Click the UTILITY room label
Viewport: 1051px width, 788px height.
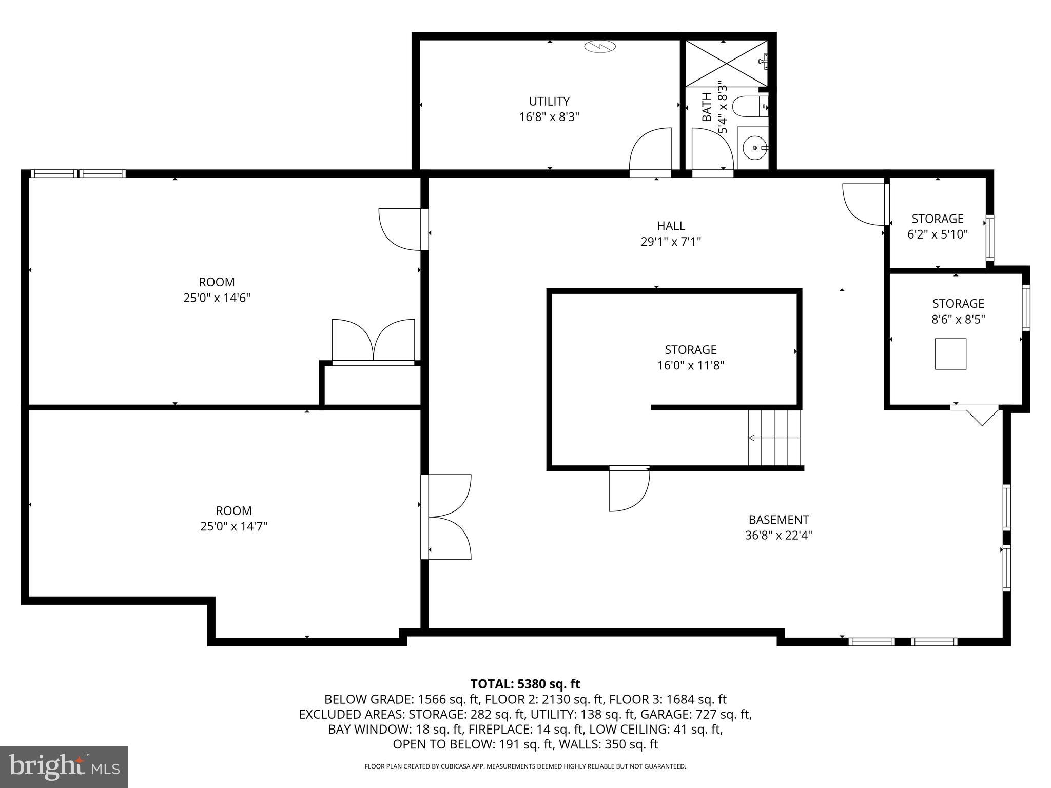point(549,102)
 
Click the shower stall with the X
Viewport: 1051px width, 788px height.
point(726,64)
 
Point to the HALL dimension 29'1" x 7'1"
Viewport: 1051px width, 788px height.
point(671,242)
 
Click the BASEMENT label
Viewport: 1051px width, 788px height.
point(778,520)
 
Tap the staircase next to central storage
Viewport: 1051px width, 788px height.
point(774,438)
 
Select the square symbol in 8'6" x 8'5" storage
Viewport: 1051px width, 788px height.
point(950,354)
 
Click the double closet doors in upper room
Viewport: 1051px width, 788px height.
point(373,341)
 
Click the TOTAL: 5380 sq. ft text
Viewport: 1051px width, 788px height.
point(525,684)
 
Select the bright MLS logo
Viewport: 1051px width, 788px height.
point(64,766)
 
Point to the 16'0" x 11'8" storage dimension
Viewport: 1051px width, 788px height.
point(690,366)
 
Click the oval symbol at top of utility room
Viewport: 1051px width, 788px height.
point(599,47)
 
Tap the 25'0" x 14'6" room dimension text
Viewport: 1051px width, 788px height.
point(217,298)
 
